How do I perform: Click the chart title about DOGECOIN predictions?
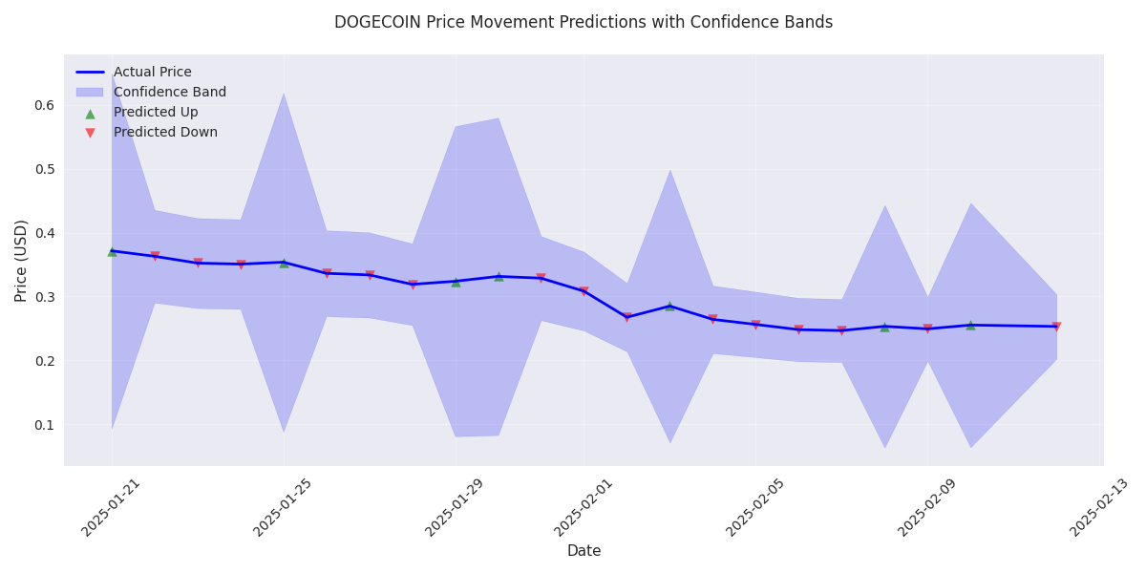(x=583, y=22)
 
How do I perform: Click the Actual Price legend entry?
(x=152, y=73)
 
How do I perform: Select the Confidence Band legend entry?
(x=169, y=93)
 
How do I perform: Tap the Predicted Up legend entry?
(x=156, y=113)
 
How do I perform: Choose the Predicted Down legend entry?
(x=165, y=133)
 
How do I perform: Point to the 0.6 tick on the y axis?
(x=43, y=105)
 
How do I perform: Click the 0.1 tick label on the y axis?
(x=43, y=425)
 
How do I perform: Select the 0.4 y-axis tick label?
(x=43, y=233)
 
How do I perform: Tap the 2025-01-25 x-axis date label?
(x=278, y=507)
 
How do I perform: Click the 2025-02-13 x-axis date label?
(x=1097, y=507)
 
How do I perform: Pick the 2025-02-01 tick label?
(x=579, y=507)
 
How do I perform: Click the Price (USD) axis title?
(x=21, y=260)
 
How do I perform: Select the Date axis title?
(x=584, y=551)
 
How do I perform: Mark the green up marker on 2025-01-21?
(x=112, y=251)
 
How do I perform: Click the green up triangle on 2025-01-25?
(x=284, y=263)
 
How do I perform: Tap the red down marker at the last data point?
(x=1056, y=327)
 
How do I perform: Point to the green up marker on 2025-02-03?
(x=669, y=306)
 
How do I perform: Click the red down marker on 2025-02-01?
(x=584, y=291)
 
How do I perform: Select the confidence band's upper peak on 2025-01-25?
(x=284, y=94)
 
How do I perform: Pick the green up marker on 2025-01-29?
(x=456, y=282)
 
